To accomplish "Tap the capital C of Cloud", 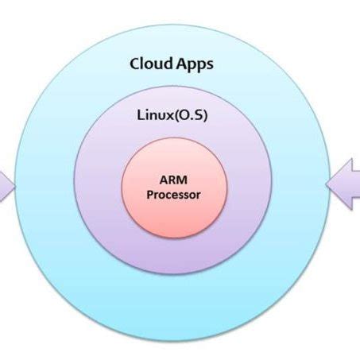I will click(x=136, y=64).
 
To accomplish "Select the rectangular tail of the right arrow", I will click(x=353, y=185).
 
